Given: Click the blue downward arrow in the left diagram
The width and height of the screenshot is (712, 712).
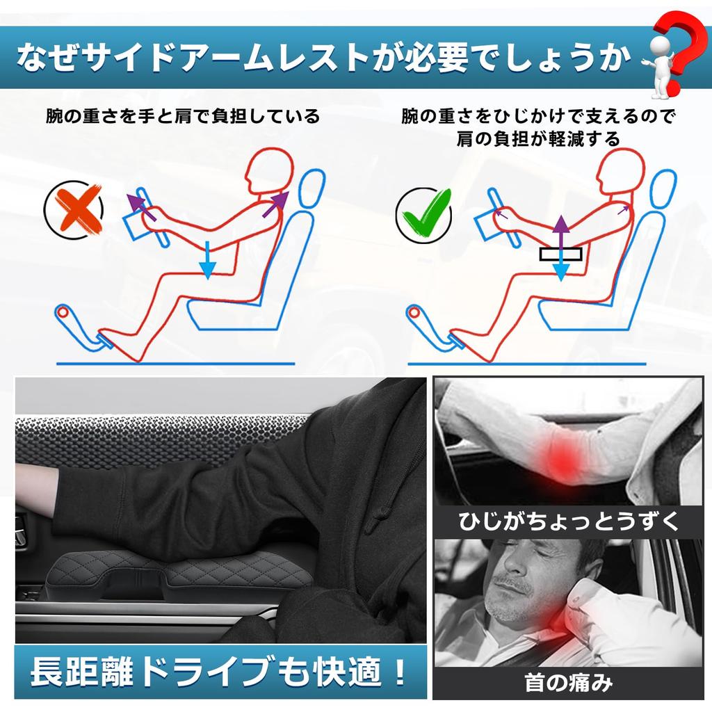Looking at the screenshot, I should click(207, 260).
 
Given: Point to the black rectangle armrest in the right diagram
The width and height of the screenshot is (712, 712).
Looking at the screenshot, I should click(560, 254).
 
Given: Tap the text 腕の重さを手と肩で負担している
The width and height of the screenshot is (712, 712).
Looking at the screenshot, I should click(183, 115).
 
